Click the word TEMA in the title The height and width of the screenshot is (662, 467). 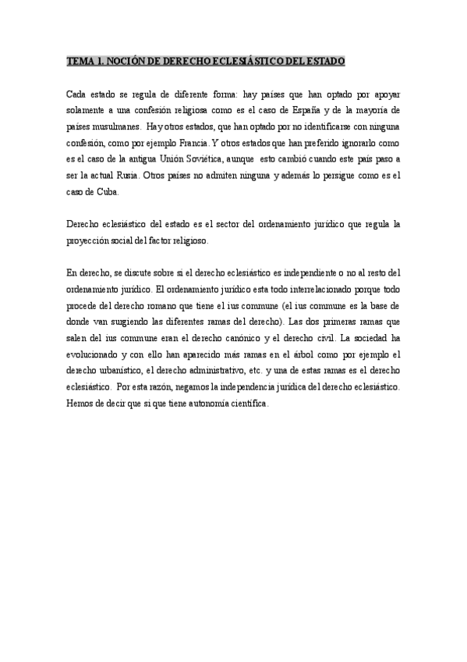click(78, 61)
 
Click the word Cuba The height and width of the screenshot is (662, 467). click(106, 191)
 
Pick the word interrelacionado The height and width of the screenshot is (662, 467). click(301, 289)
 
